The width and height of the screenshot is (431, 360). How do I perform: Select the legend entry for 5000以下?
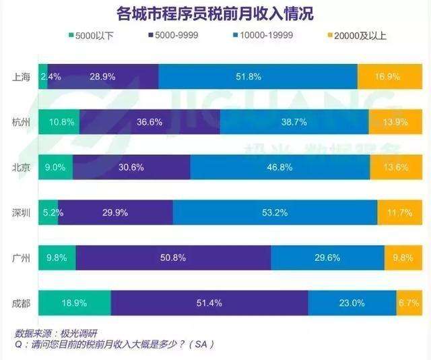click(x=92, y=35)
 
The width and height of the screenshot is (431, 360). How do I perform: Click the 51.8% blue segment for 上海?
click(x=258, y=76)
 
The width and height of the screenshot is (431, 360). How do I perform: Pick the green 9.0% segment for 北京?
click(x=55, y=167)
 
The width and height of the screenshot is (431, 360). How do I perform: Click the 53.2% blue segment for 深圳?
click(x=275, y=212)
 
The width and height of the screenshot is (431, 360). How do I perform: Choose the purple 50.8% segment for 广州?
click(x=173, y=258)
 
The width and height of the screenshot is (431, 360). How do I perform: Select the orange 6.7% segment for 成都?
click(x=405, y=303)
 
